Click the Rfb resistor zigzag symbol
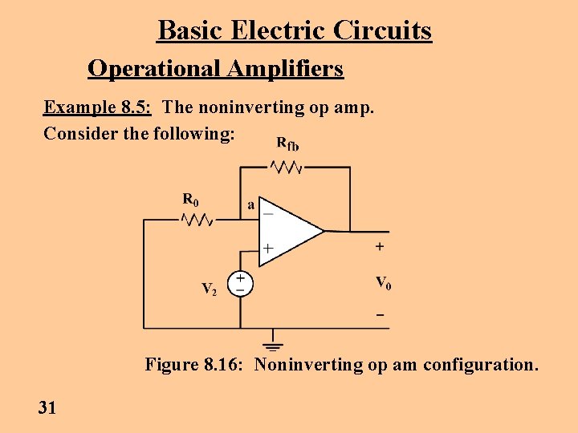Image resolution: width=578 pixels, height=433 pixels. (286, 167)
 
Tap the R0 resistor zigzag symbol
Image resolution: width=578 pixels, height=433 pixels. (197, 219)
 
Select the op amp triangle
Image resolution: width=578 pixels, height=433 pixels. (289, 231)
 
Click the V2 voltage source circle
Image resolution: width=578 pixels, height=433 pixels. (240, 284)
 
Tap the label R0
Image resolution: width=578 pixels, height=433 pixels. (190, 198)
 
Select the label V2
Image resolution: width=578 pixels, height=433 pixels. (208, 289)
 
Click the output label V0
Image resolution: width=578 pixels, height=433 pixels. (383, 283)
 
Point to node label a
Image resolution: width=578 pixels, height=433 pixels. (250, 205)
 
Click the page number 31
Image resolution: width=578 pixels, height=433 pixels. (47, 408)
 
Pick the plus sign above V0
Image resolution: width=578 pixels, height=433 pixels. (379, 247)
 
